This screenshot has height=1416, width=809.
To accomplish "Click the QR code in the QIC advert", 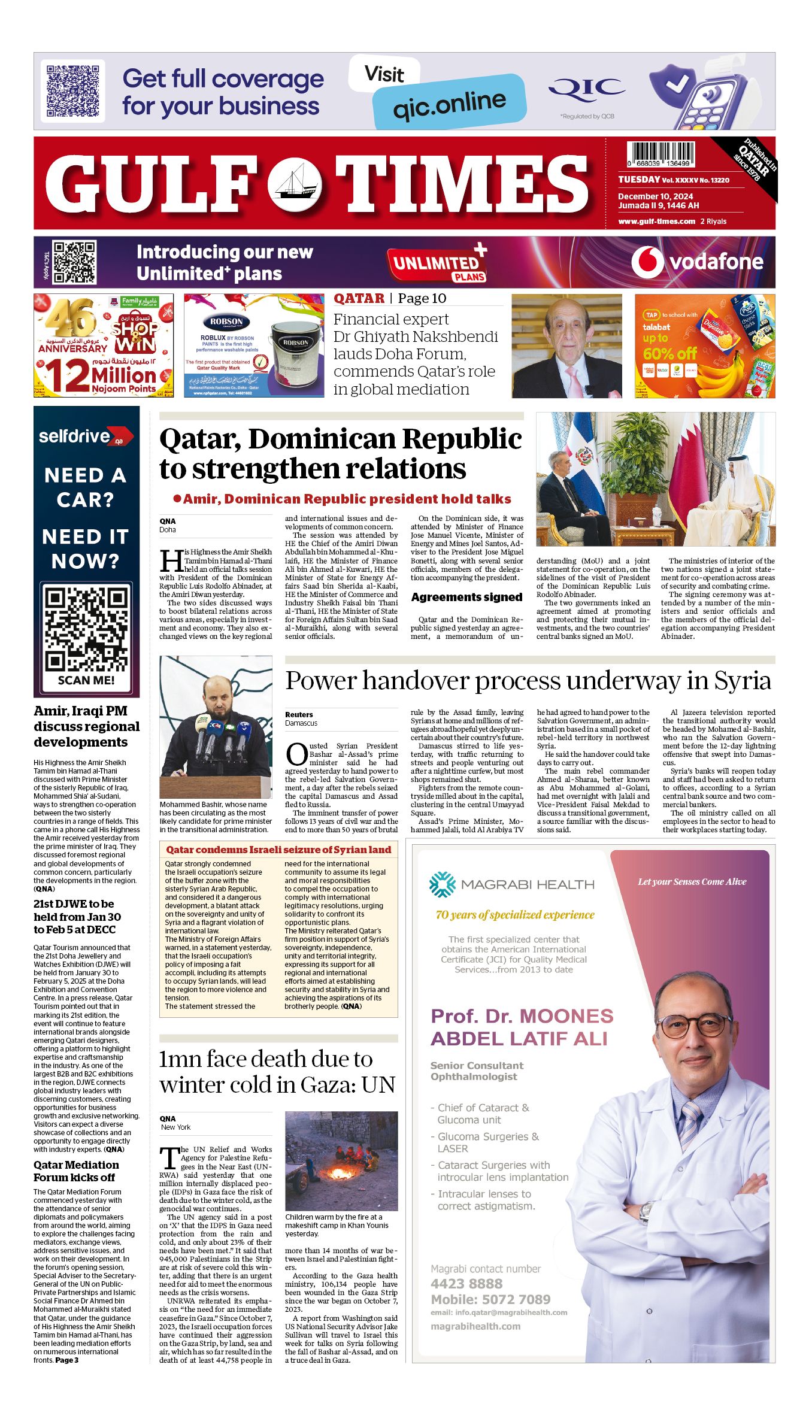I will (72, 91).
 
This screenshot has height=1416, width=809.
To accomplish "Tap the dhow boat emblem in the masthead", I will (294, 184).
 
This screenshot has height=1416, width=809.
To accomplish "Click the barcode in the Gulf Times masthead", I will (660, 154).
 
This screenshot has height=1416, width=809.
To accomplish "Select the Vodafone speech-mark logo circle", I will (647, 262).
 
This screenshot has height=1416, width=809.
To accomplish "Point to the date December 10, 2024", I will (656, 196).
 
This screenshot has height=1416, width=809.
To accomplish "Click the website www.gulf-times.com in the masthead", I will (656, 222).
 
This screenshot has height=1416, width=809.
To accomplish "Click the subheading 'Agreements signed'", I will (466, 597).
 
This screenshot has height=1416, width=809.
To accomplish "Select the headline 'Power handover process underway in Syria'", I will (528, 681).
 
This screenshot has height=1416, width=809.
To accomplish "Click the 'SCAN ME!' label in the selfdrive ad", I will (86, 680).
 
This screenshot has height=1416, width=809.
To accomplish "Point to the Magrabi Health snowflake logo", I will (443, 884).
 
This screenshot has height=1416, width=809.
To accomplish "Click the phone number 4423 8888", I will (466, 1283).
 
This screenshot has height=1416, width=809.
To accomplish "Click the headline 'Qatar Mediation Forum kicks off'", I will (76, 1171).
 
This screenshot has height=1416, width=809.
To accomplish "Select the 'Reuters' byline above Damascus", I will (299, 714).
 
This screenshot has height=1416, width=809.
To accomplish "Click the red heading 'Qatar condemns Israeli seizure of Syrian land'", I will (278, 850).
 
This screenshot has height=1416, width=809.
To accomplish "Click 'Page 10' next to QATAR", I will (422, 298).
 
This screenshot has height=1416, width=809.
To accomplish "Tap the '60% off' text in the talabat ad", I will (669, 354).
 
